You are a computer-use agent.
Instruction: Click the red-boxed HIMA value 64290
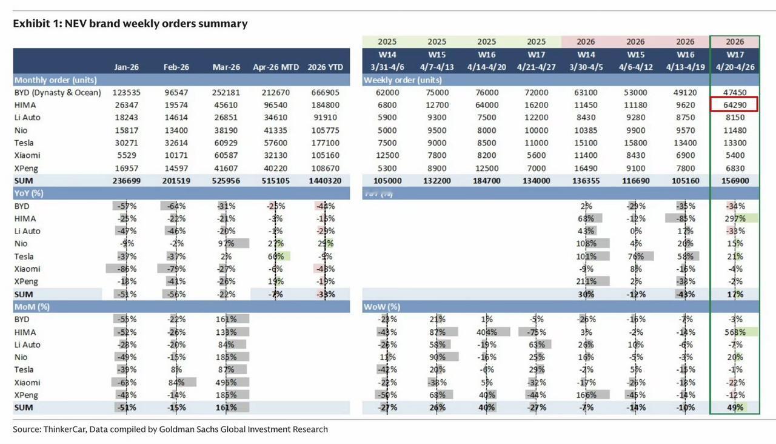tap(734, 105)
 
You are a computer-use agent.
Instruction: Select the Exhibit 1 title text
tap(130, 24)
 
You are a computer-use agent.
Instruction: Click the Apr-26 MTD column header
tap(276, 67)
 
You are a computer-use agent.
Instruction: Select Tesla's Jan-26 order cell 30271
tap(126, 143)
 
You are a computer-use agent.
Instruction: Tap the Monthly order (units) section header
tap(56, 79)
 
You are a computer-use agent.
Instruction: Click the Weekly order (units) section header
tap(403, 79)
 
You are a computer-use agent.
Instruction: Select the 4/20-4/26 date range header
tap(735, 67)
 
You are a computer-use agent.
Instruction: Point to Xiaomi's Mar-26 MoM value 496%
tap(226, 382)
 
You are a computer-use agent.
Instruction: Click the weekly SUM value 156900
tap(734, 181)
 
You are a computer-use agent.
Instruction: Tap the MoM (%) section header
tap(32, 306)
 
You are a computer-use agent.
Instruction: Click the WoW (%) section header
tap(381, 306)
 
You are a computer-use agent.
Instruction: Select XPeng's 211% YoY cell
tap(586, 281)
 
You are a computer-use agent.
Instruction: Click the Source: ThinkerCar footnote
tap(170, 429)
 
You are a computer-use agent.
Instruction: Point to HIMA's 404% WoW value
tap(487, 332)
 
